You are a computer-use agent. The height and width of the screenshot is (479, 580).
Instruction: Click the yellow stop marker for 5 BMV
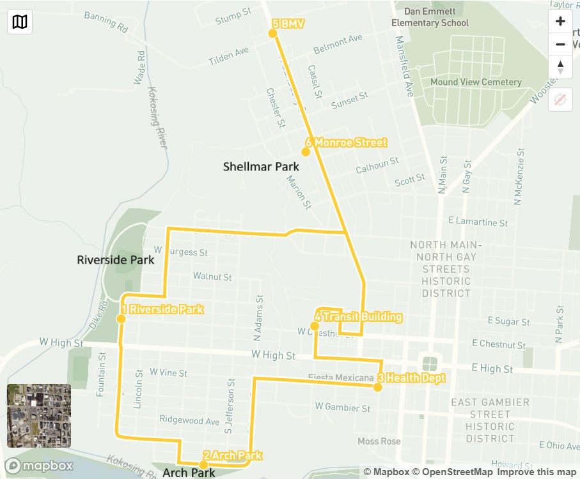click(273, 33)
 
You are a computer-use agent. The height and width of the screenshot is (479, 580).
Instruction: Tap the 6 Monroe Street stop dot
click(306, 152)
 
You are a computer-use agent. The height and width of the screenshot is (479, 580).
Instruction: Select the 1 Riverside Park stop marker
click(120, 319)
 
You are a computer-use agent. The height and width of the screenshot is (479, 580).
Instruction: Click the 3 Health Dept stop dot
click(379, 387)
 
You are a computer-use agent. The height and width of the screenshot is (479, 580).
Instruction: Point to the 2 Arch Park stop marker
click(203, 464)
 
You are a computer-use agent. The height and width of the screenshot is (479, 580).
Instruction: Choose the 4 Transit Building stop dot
click(315, 326)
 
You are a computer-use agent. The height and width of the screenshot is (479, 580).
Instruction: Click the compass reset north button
click(560, 67)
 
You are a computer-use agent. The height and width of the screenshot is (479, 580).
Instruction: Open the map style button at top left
click(20, 22)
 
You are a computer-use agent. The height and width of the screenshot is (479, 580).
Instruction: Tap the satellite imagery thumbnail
click(39, 416)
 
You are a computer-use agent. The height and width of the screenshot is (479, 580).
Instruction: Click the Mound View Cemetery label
click(476, 82)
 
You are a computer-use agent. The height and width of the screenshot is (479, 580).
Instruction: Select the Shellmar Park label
click(261, 167)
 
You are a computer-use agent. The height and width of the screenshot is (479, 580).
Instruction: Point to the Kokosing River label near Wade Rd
click(157, 118)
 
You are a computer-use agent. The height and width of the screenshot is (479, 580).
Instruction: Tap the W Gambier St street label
click(342, 407)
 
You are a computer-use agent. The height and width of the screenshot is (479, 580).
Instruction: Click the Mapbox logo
click(39, 466)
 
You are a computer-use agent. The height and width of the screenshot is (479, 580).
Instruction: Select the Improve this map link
click(536, 472)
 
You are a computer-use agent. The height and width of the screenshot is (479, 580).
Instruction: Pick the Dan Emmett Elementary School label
click(430, 17)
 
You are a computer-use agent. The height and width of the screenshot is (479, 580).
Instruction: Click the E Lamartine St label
click(478, 222)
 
